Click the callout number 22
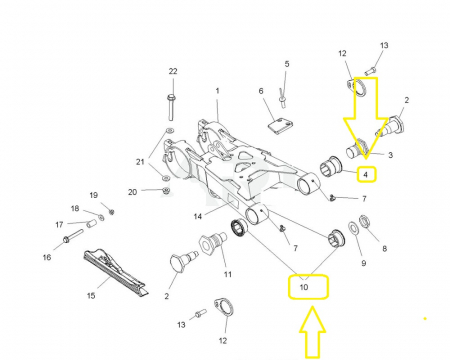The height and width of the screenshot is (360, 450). pyautogui.click(x=172, y=71)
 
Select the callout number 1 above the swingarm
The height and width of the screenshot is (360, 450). pyautogui.click(x=217, y=91)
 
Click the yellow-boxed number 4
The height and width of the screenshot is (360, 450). pyautogui.click(x=366, y=175)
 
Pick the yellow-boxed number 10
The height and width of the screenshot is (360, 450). pyautogui.click(x=304, y=288)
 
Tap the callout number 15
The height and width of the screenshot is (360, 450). pyautogui.click(x=91, y=295)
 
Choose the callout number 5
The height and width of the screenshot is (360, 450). pyautogui.click(x=286, y=64)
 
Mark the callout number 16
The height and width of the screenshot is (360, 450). pyautogui.click(x=46, y=257)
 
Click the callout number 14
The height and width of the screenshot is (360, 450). pyautogui.click(x=198, y=215)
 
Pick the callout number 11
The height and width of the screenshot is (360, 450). pyautogui.click(x=228, y=274)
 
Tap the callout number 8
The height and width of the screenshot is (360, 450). pyautogui.click(x=384, y=249)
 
